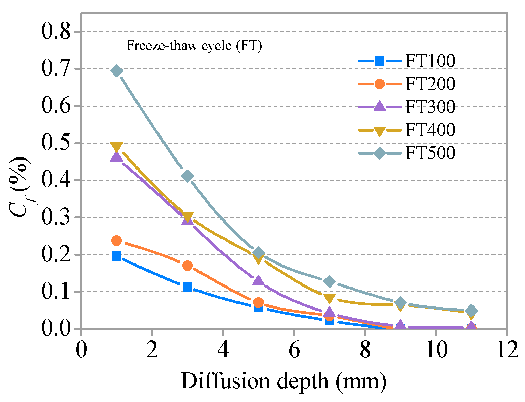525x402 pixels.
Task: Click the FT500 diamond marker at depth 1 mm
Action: pyautogui.click(x=117, y=71)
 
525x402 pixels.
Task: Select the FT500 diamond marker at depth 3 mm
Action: pyautogui.click(x=187, y=176)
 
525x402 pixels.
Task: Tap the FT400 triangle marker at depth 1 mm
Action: pyautogui.click(x=117, y=147)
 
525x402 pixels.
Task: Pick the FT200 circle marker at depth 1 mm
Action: pyautogui.click(x=117, y=241)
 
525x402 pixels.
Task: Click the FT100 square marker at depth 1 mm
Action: pyautogui.click(x=117, y=256)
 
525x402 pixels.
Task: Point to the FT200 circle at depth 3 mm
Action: pyautogui.click(x=187, y=266)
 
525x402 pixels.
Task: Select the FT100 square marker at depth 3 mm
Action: pyautogui.click(x=187, y=287)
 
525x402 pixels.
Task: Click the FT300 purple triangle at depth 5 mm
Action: pyautogui.click(x=258, y=280)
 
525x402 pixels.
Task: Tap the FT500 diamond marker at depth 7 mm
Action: pyautogui.click(x=329, y=281)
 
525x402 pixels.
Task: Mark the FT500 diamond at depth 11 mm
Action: pyautogui.click(x=471, y=310)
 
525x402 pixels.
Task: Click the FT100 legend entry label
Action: pyautogui.click(x=430, y=61)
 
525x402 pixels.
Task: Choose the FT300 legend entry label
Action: pyautogui.click(x=430, y=107)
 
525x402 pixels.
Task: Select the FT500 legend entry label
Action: pyautogui.click(x=430, y=153)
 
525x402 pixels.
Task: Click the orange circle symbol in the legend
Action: pyautogui.click(x=380, y=84)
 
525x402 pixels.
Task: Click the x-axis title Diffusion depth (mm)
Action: pyautogui.click(x=284, y=381)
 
